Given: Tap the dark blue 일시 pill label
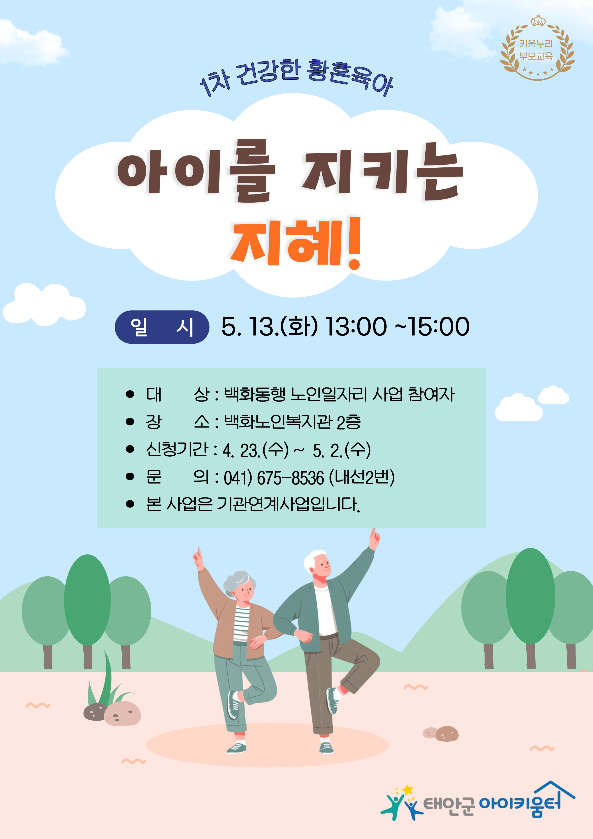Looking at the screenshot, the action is [162, 327].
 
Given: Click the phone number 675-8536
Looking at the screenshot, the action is [291, 478].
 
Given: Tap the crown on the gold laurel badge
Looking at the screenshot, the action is [538, 21].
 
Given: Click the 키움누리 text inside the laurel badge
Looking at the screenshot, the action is [536, 44].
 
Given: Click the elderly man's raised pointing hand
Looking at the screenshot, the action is [374, 538].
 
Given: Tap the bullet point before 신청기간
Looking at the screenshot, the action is [130, 449].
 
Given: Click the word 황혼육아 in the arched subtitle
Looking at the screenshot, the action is [349, 77].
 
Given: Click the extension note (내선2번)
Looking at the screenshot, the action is [362, 478].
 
